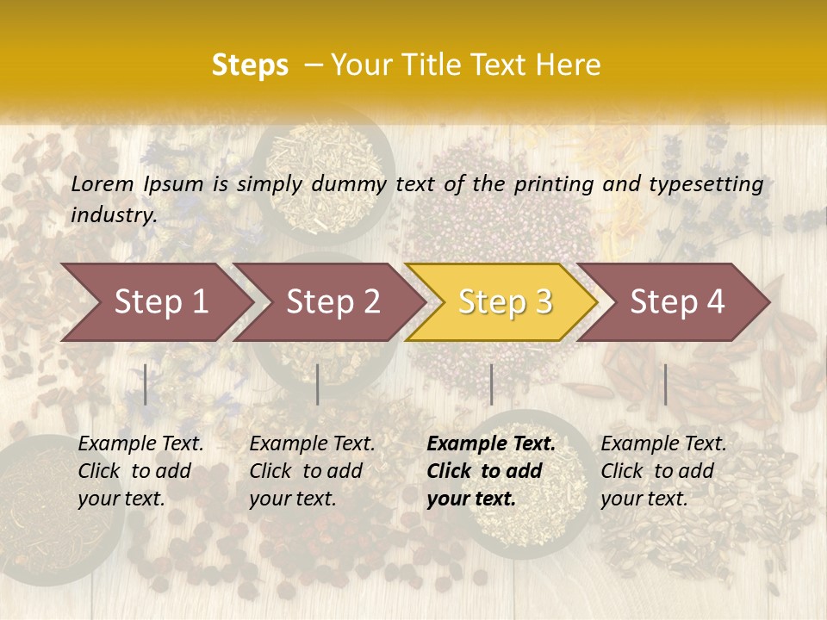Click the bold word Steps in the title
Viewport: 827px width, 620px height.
pyautogui.click(x=250, y=65)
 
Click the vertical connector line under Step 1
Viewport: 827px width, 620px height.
pyautogui.click(x=146, y=384)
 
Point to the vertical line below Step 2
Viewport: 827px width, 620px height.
pyautogui.click(x=318, y=384)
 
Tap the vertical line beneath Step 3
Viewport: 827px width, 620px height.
pyautogui.click(x=491, y=384)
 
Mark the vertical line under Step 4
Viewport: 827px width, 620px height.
pyautogui.click(x=665, y=384)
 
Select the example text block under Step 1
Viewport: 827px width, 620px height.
pyautogui.click(x=140, y=471)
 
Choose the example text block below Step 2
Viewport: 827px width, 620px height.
pyautogui.click(x=312, y=471)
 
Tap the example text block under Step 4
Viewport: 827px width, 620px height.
pyautogui.click(x=663, y=471)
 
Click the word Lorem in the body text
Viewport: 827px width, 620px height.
pyautogui.click(x=103, y=183)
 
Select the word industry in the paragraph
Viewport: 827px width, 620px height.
pyautogui.click(x=113, y=215)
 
